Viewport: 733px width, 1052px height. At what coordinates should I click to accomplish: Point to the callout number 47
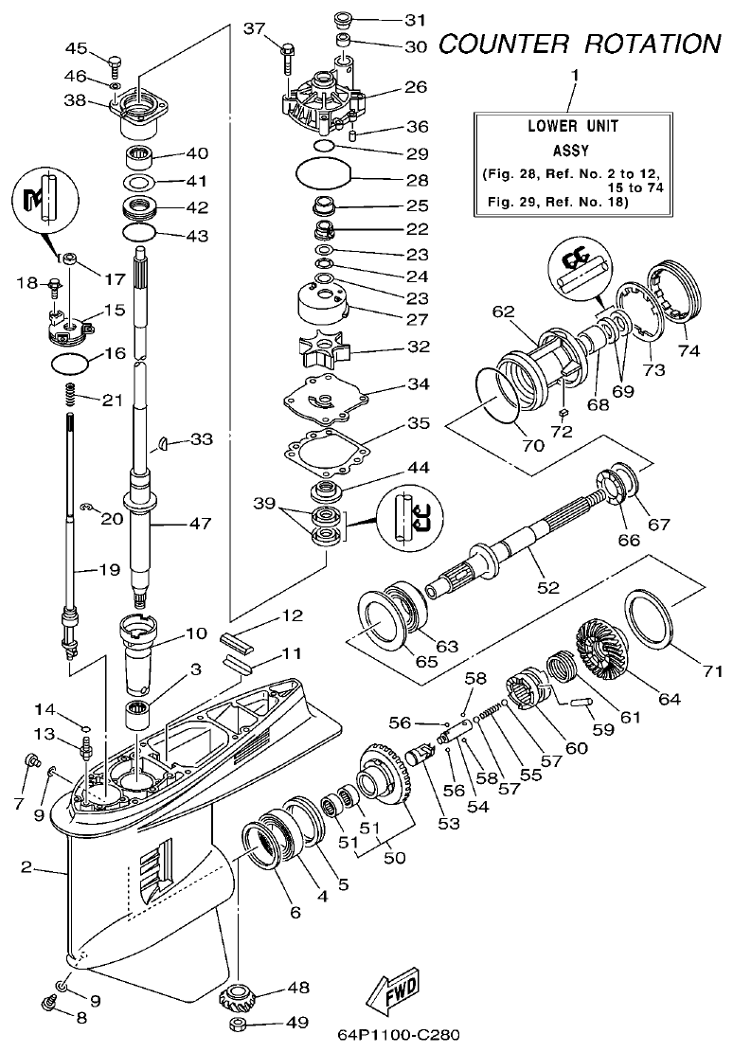click(201, 523)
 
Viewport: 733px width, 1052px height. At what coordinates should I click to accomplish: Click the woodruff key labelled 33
click(164, 440)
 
